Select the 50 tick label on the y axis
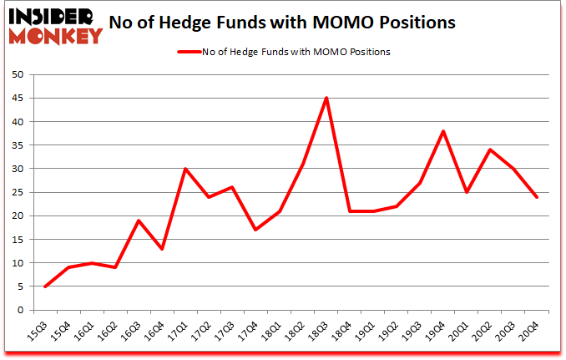click(17, 74)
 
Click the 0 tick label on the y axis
click(20, 310)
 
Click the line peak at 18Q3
click(326, 98)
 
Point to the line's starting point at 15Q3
click(45, 286)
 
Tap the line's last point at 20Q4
click(537, 197)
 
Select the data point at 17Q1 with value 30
click(185, 169)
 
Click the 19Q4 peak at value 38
click(443, 131)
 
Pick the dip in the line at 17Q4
click(255, 230)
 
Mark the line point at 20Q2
click(490, 150)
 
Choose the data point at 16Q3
click(139, 221)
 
